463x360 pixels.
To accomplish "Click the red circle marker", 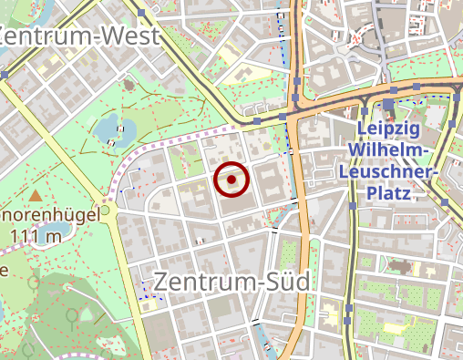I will pos(232,180).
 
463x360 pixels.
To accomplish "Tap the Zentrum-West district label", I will pos(80,36).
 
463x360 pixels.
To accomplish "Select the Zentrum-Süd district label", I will pos(231,282).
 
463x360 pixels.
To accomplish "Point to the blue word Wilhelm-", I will pos(394,149).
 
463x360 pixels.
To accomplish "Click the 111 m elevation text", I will pos(36,237).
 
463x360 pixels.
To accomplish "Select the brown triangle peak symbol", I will pos(36,195).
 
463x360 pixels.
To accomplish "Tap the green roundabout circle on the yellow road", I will pos(105,211).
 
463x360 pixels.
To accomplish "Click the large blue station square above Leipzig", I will pos(388,105).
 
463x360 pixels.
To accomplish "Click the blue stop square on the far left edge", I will pos(5,75).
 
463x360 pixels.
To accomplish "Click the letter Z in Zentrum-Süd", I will pos(162,282).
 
